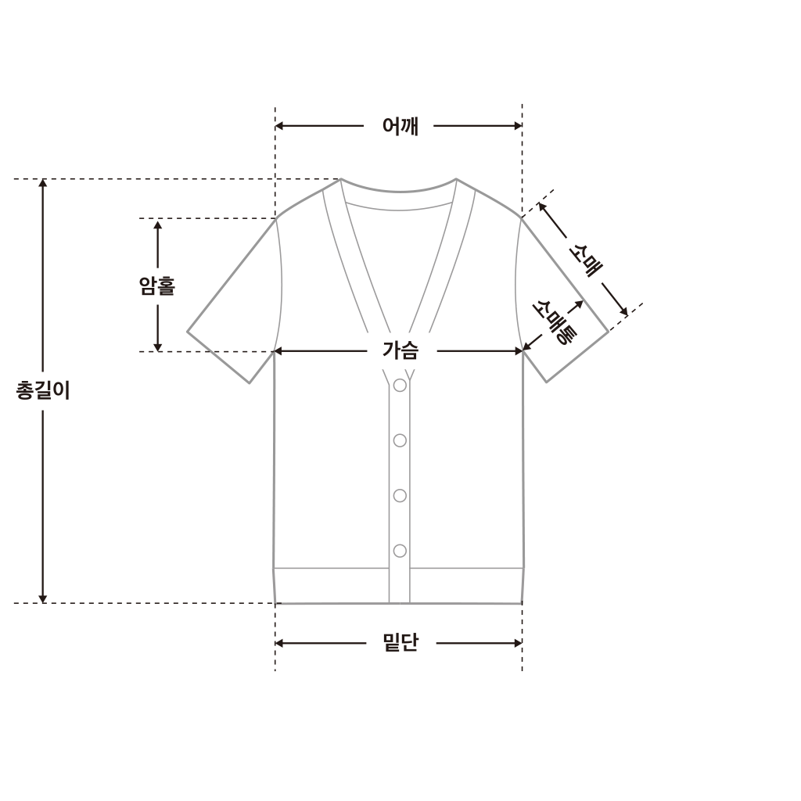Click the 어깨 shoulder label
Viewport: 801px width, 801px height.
click(x=400, y=126)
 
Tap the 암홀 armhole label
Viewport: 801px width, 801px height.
click(x=157, y=286)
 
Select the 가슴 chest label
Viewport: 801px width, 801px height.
click(x=401, y=351)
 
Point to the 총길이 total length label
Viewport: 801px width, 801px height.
click(x=43, y=391)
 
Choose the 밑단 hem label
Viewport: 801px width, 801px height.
click(x=400, y=643)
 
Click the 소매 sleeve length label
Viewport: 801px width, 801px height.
click(x=585, y=259)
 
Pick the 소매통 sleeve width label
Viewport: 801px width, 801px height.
click(x=555, y=321)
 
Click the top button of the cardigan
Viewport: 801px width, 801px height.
click(x=400, y=385)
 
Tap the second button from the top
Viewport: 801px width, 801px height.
click(x=400, y=440)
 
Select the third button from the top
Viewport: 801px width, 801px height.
click(x=400, y=495)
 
